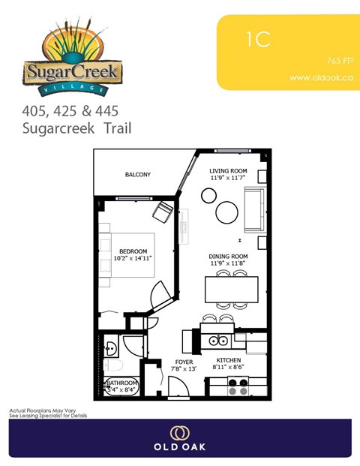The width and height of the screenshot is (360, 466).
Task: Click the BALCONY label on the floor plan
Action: tap(137, 175)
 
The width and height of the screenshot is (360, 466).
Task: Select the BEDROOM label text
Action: tap(133, 251)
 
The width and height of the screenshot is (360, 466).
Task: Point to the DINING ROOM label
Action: tap(228, 257)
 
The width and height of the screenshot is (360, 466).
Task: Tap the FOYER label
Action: tap(184, 362)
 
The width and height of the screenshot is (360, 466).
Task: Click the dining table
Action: tap(231, 289)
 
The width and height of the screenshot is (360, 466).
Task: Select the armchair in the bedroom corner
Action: tap(163, 212)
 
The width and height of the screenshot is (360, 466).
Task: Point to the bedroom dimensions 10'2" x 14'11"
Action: tap(133, 258)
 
